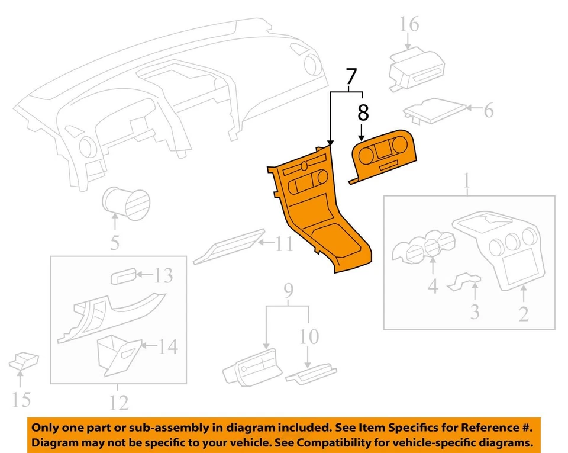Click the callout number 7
pos(351,77)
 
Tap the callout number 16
pos(408,24)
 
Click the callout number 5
pos(115,242)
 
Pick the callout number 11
pos(284,243)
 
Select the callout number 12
pos(118,403)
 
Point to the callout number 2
pos(524,313)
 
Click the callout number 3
pos(475,311)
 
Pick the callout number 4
pos(433,287)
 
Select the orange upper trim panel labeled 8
pos(385,155)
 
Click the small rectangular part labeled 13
pos(123,276)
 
